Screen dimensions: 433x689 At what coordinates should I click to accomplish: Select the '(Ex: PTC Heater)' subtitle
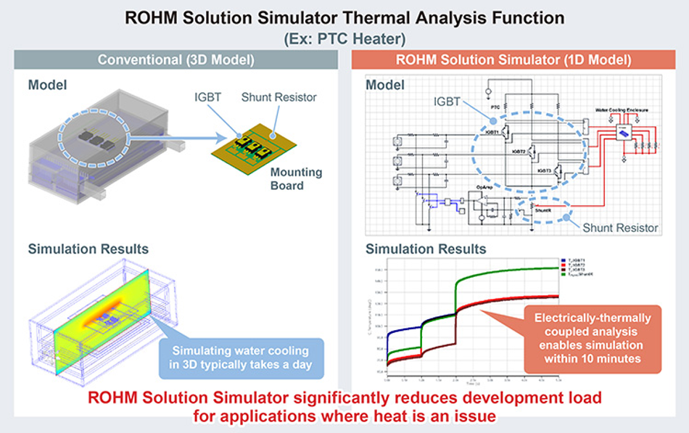pyautogui.click(x=344, y=36)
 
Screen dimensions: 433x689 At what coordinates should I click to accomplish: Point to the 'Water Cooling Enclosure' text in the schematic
pyautogui.click(x=622, y=110)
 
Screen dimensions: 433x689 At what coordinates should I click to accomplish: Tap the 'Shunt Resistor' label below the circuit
pyautogui.click(x=620, y=227)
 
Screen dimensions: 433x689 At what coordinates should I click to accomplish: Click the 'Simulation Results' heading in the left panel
pyautogui.click(x=88, y=249)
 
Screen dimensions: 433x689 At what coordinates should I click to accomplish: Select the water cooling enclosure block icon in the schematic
pyautogui.click(x=622, y=133)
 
